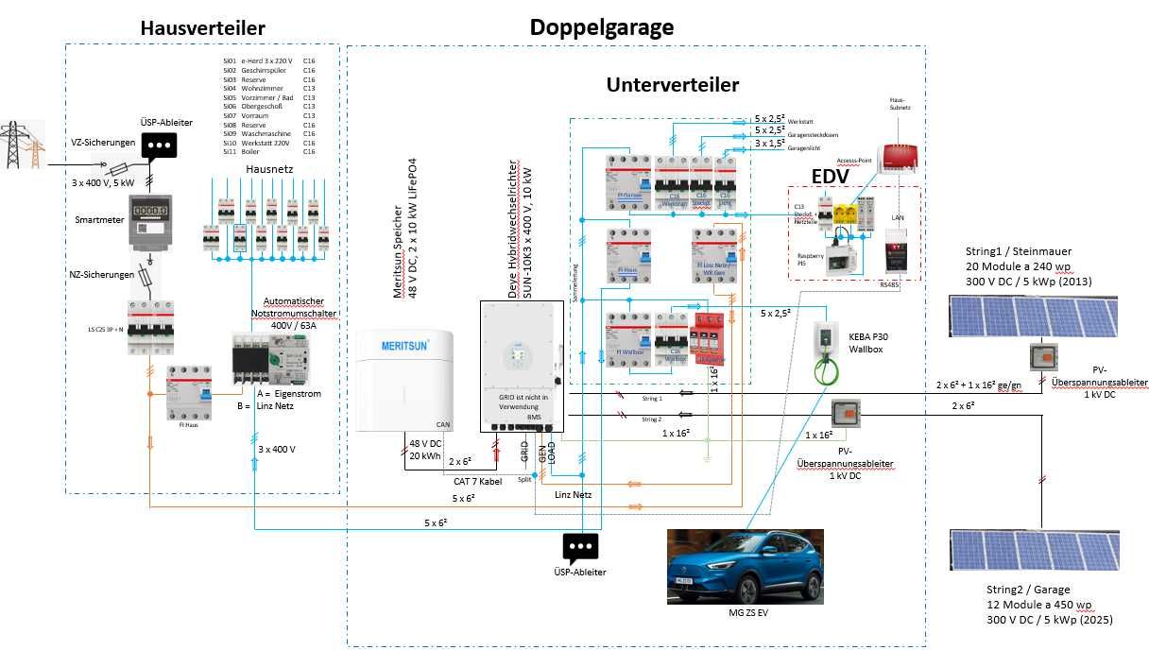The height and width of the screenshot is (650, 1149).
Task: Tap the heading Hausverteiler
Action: click(x=202, y=28)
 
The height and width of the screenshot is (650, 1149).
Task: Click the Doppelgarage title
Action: click(x=601, y=26)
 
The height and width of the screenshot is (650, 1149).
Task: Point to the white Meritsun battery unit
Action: click(x=405, y=383)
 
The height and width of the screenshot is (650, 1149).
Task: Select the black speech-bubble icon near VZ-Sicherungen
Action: click(x=160, y=144)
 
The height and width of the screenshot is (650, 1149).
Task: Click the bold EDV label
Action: click(x=830, y=177)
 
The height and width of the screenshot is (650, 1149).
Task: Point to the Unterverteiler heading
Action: click(x=672, y=85)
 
